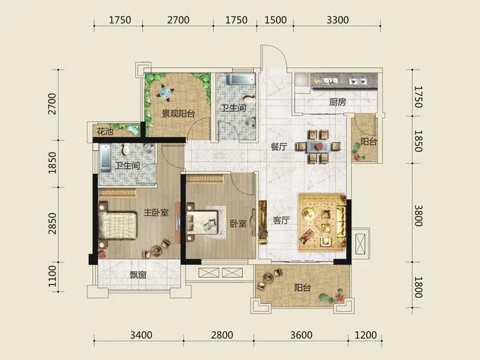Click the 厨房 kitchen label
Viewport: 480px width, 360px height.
point(338,102)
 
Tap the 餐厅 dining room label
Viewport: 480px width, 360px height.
point(279,146)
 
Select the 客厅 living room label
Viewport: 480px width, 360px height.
point(281,220)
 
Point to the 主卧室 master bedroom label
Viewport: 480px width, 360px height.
point(156,212)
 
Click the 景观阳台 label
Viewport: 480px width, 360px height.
point(178,114)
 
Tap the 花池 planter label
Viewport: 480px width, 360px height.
point(105,131)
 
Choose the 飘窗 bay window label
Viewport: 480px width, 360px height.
point(138,275)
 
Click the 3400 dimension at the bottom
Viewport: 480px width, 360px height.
point(141,335)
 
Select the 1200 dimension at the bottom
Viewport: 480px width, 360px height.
point(365,335)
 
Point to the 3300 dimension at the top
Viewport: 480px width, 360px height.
point(338,20)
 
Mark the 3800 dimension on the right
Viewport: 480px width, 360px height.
point(418,215)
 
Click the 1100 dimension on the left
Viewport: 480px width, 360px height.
point(52,276)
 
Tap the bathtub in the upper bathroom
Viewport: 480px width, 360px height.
point(241,79)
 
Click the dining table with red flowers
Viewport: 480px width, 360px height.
point(319,146)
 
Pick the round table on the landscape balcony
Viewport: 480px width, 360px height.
point(166,92)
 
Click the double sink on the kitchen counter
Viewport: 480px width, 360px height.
point(358,81)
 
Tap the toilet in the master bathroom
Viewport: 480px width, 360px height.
point(125,149)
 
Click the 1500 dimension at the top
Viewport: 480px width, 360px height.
point(275,20)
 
